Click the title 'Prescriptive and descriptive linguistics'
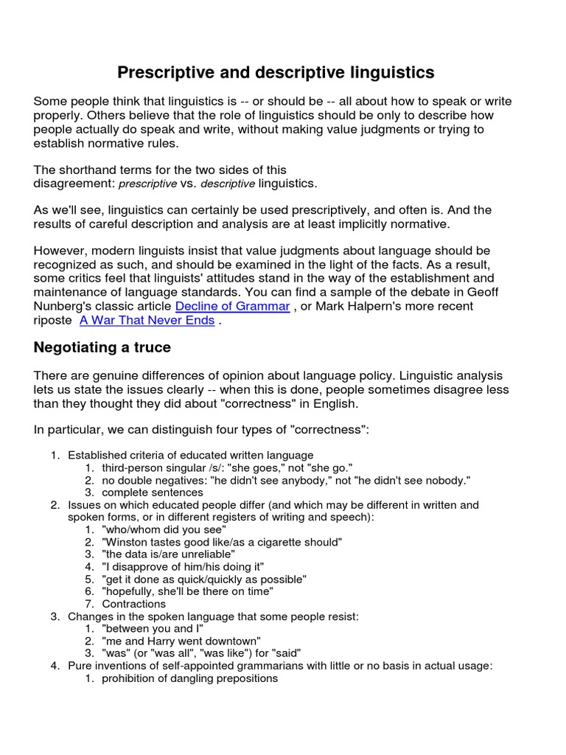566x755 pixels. pyautogui.click(x=276, y=72)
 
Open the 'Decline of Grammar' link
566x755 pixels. pyautogui.click(x=232, y=306)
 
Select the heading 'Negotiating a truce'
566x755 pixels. pyautogui.click(x=102, y=347)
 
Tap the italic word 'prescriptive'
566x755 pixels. pyautogui.click(x=148, y=184)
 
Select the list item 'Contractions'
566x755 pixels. pyautogui.click(x=134, y=604)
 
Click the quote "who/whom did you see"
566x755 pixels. pyautogui.click(x=164, y=529)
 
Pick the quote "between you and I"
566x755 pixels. pyautogui.click(x=153, y=629)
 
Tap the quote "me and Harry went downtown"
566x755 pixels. pyautogui.click(x=181, y=641)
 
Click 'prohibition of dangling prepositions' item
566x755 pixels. pyautogui.click(x=189, y=678)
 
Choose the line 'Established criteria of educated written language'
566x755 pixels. pyautogui.click(x=191, y=455)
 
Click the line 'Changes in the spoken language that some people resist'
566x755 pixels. pyautogui.click(x=213, y=616)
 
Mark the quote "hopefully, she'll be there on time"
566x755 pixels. pyautogui.click(x=188, y=591)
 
